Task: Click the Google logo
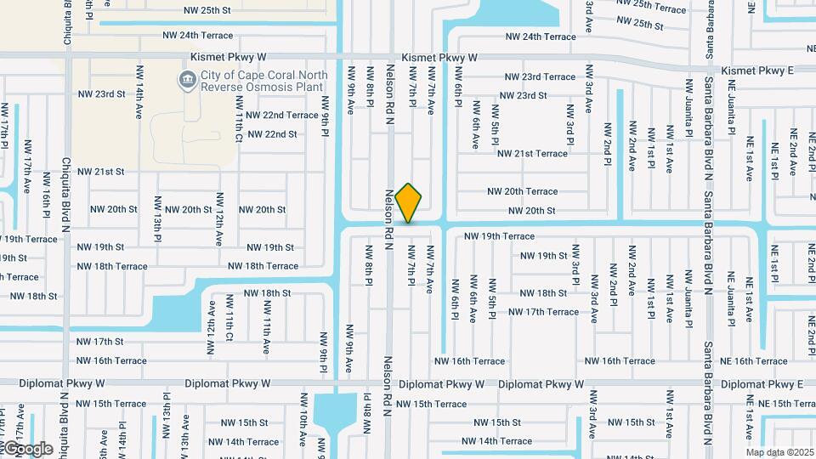(x=27, y=449)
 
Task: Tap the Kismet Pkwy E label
(x=756, y=71)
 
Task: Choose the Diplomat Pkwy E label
(x=765, y=384)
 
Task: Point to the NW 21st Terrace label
(x=532, y=154)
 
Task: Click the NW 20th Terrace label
(x=523, y=192)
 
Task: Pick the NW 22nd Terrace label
(x=278, y=115)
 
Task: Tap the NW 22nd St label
(x=269, y=134)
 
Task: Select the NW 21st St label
(x=101, y=172)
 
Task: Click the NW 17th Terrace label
(x=543, y=312)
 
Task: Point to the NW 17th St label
(x=101, y=342)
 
